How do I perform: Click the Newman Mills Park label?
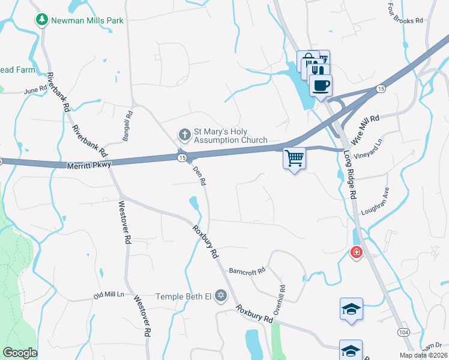pos(87,20)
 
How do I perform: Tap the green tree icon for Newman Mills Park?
pos(41,20)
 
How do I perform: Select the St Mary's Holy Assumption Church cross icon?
pos(185,133)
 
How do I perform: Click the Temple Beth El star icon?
pos(221,295)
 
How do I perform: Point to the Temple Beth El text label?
pos(184,296)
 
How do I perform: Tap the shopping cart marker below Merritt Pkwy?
pos(294,158)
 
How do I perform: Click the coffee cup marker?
pos(321,85)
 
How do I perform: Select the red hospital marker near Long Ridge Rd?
pos(357,253)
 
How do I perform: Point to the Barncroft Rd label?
pos(247,271)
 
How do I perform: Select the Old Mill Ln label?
pos(108,295)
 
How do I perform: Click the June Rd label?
pos(35,91)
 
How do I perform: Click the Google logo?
pos(20,353)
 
